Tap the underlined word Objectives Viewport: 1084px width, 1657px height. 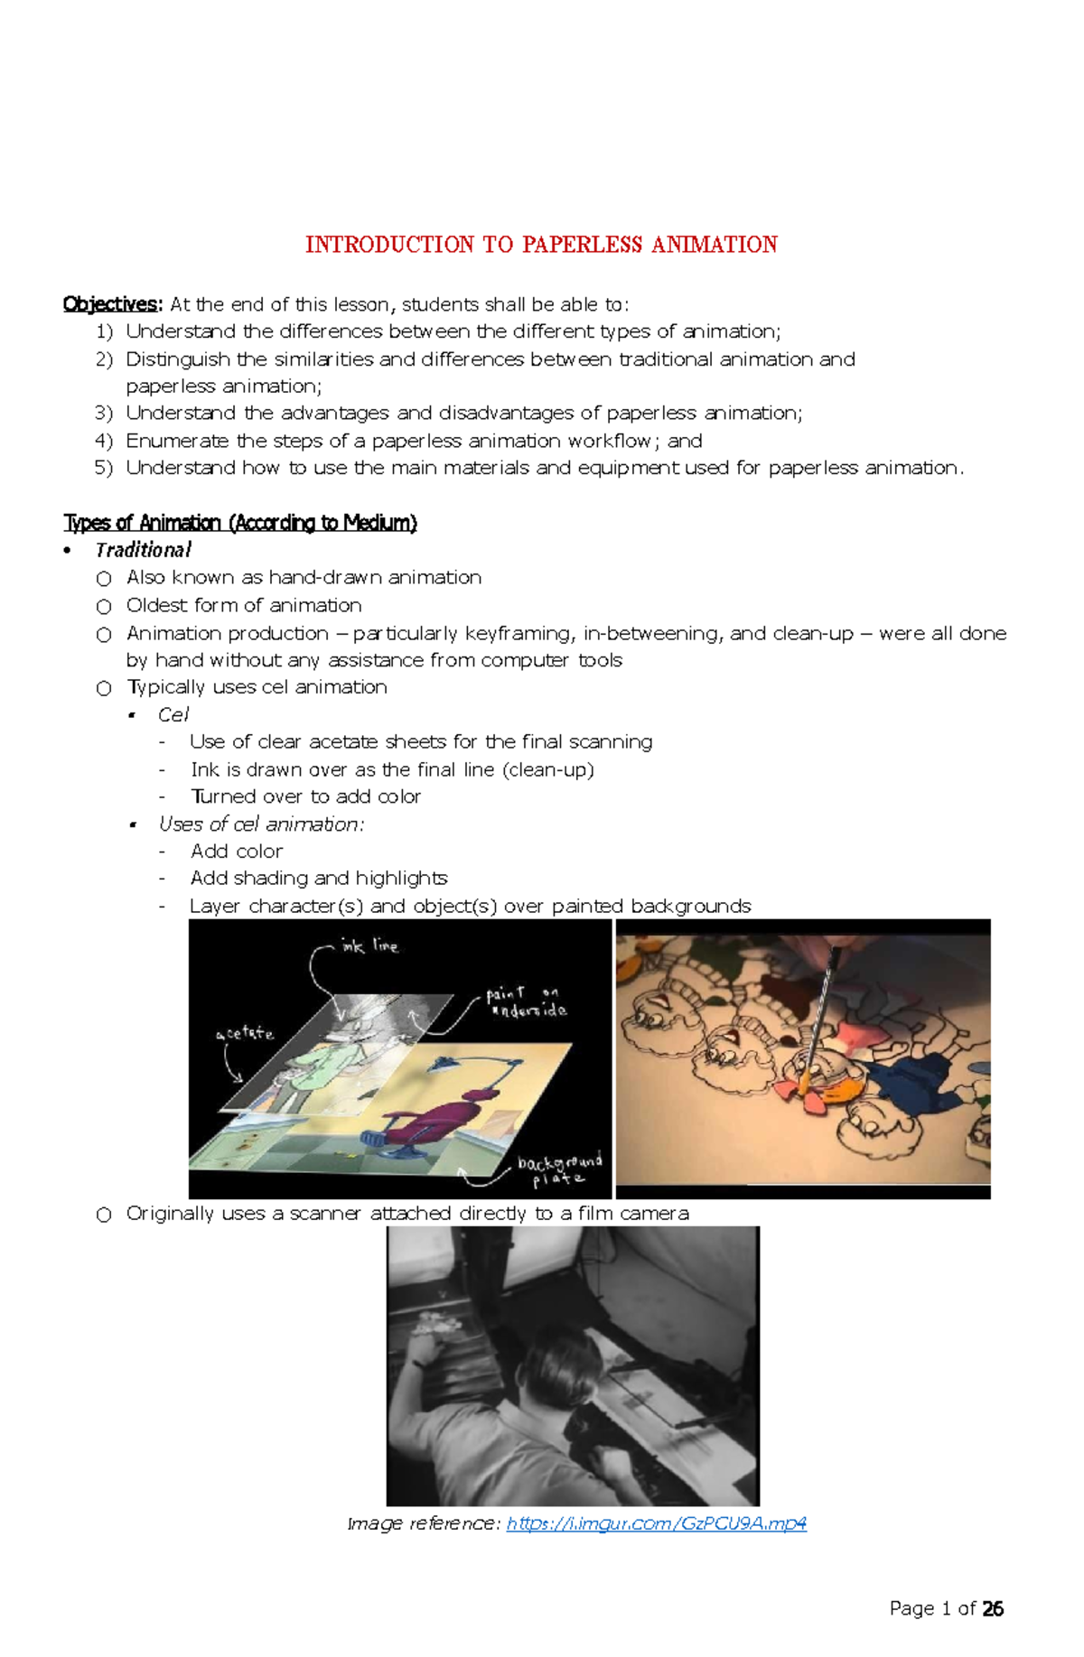[111, 304]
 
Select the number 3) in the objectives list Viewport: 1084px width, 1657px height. [104, 414]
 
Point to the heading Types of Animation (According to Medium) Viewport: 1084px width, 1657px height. [239, 523]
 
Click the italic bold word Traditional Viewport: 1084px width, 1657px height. [143, 550]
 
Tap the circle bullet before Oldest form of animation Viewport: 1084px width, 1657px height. [104, 606]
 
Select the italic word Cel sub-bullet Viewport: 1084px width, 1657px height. [173, 714]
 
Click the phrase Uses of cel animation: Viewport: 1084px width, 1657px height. [261, 824]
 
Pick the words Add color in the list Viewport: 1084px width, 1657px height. [236, 851]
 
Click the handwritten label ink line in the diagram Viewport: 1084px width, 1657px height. [369, 945]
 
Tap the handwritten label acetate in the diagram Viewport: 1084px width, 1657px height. [245, 1033]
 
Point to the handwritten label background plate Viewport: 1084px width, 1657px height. [559, 1170]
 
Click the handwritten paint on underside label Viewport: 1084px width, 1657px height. [528, 1002]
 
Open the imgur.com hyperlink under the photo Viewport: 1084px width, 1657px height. [656, 1523]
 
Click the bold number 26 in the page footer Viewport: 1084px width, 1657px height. [993, 1608]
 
